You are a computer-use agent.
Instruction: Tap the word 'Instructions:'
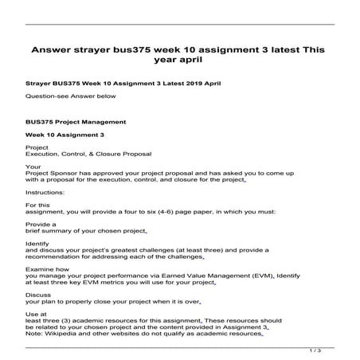(x=43, y=193)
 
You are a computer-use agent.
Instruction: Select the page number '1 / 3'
(x=315, y=349)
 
